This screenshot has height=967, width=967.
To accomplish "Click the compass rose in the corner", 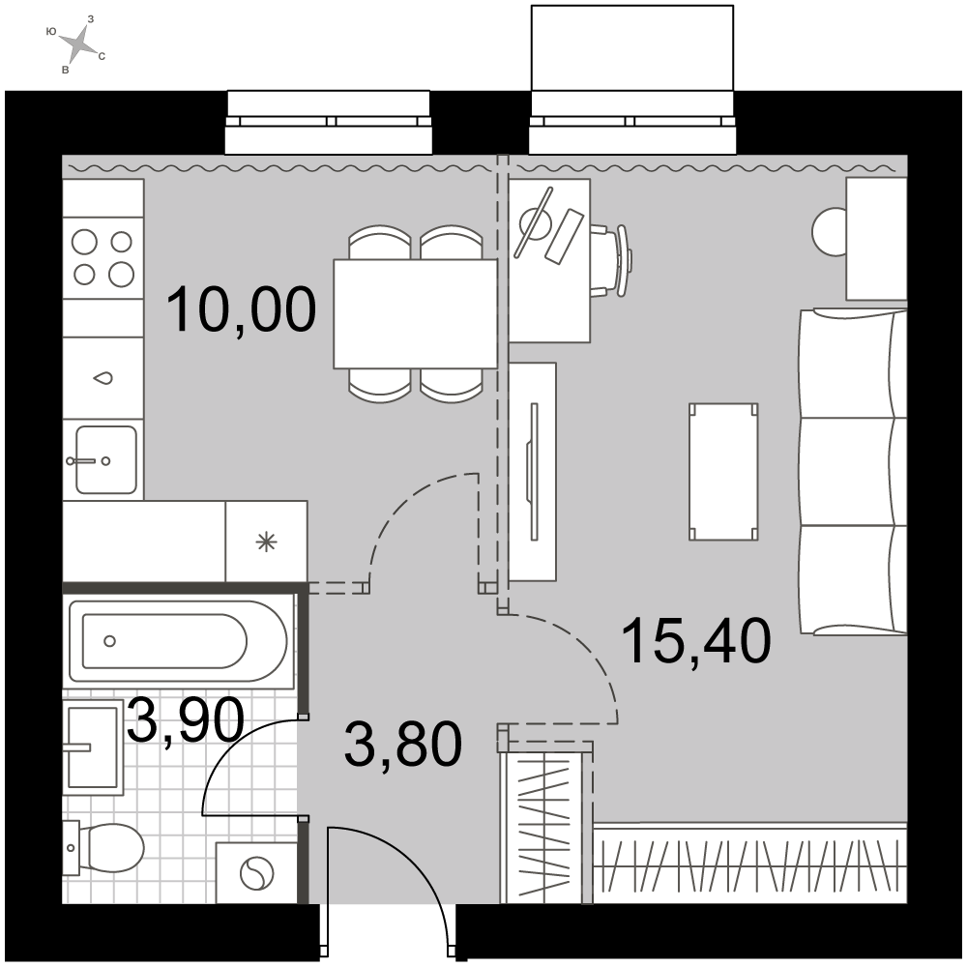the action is click(x=77, y=44).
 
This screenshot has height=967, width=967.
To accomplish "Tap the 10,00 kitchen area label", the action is click(x=241, y=310).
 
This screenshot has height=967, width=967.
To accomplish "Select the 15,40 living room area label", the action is click(x=697, y=641).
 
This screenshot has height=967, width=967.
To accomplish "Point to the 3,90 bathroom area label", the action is click(x=186, y=721).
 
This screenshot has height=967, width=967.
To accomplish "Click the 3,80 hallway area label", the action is click(x=403, y=745).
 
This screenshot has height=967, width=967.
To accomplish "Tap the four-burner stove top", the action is click(x=103, y=258).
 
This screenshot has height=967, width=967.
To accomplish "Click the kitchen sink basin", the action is click(x=106, y=460).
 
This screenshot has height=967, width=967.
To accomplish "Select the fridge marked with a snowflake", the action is click(x=267, y=541).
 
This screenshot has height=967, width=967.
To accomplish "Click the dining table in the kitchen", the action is click(x=415, y=314).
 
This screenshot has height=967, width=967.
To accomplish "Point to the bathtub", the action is click(x=178, y=641).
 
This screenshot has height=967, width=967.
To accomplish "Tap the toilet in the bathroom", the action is click(x=103, y=848).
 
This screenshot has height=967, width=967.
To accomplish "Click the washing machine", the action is click(x=256, y=874).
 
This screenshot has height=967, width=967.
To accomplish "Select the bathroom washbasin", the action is click(x=93, y=747).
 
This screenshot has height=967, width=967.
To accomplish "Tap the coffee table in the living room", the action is click(x=723, y=473).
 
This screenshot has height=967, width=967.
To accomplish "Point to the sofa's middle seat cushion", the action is click(x=853, y=473).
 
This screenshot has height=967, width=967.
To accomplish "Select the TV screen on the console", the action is click(x=534, y=472).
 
